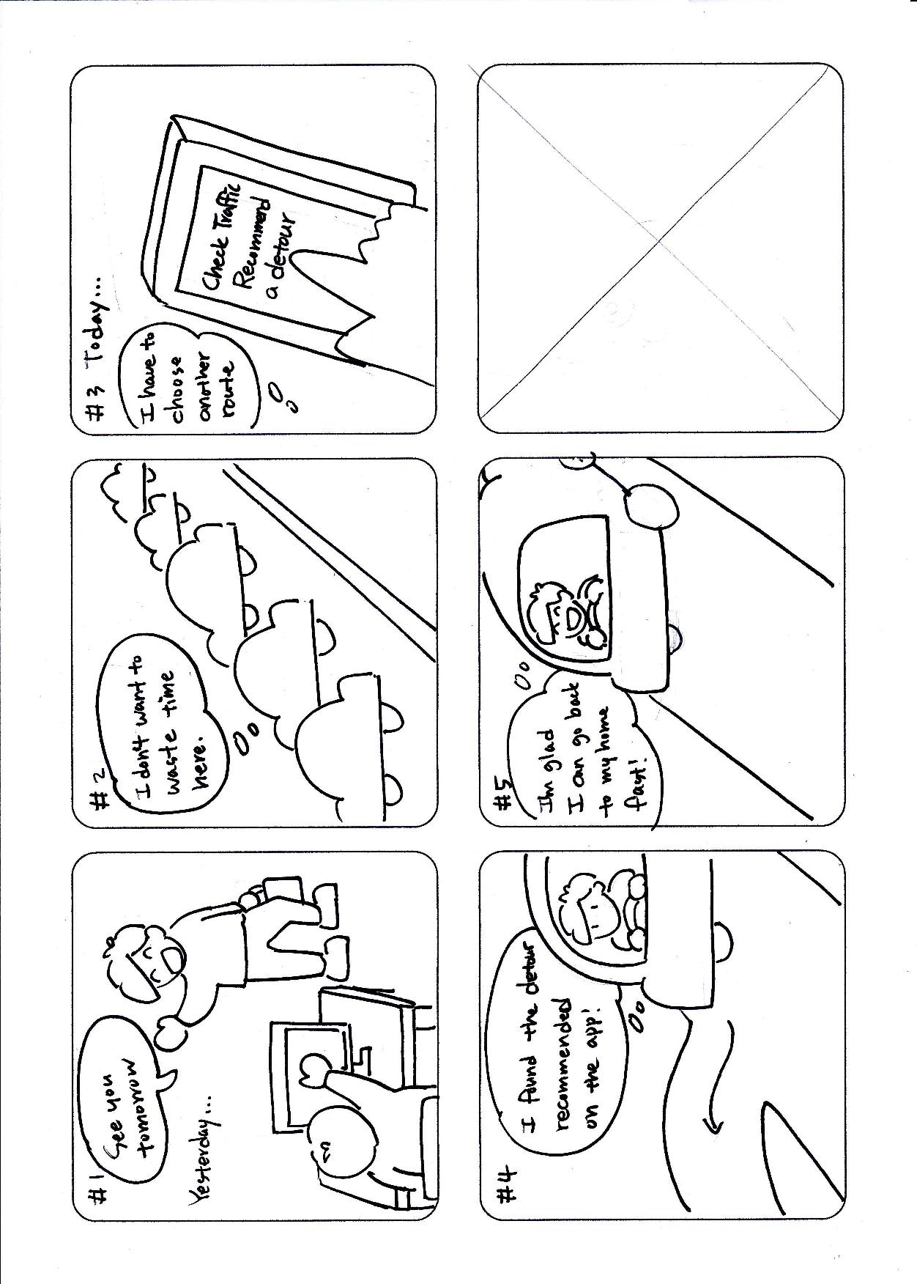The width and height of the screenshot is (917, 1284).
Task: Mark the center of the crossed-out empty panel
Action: tap(659, 248)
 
